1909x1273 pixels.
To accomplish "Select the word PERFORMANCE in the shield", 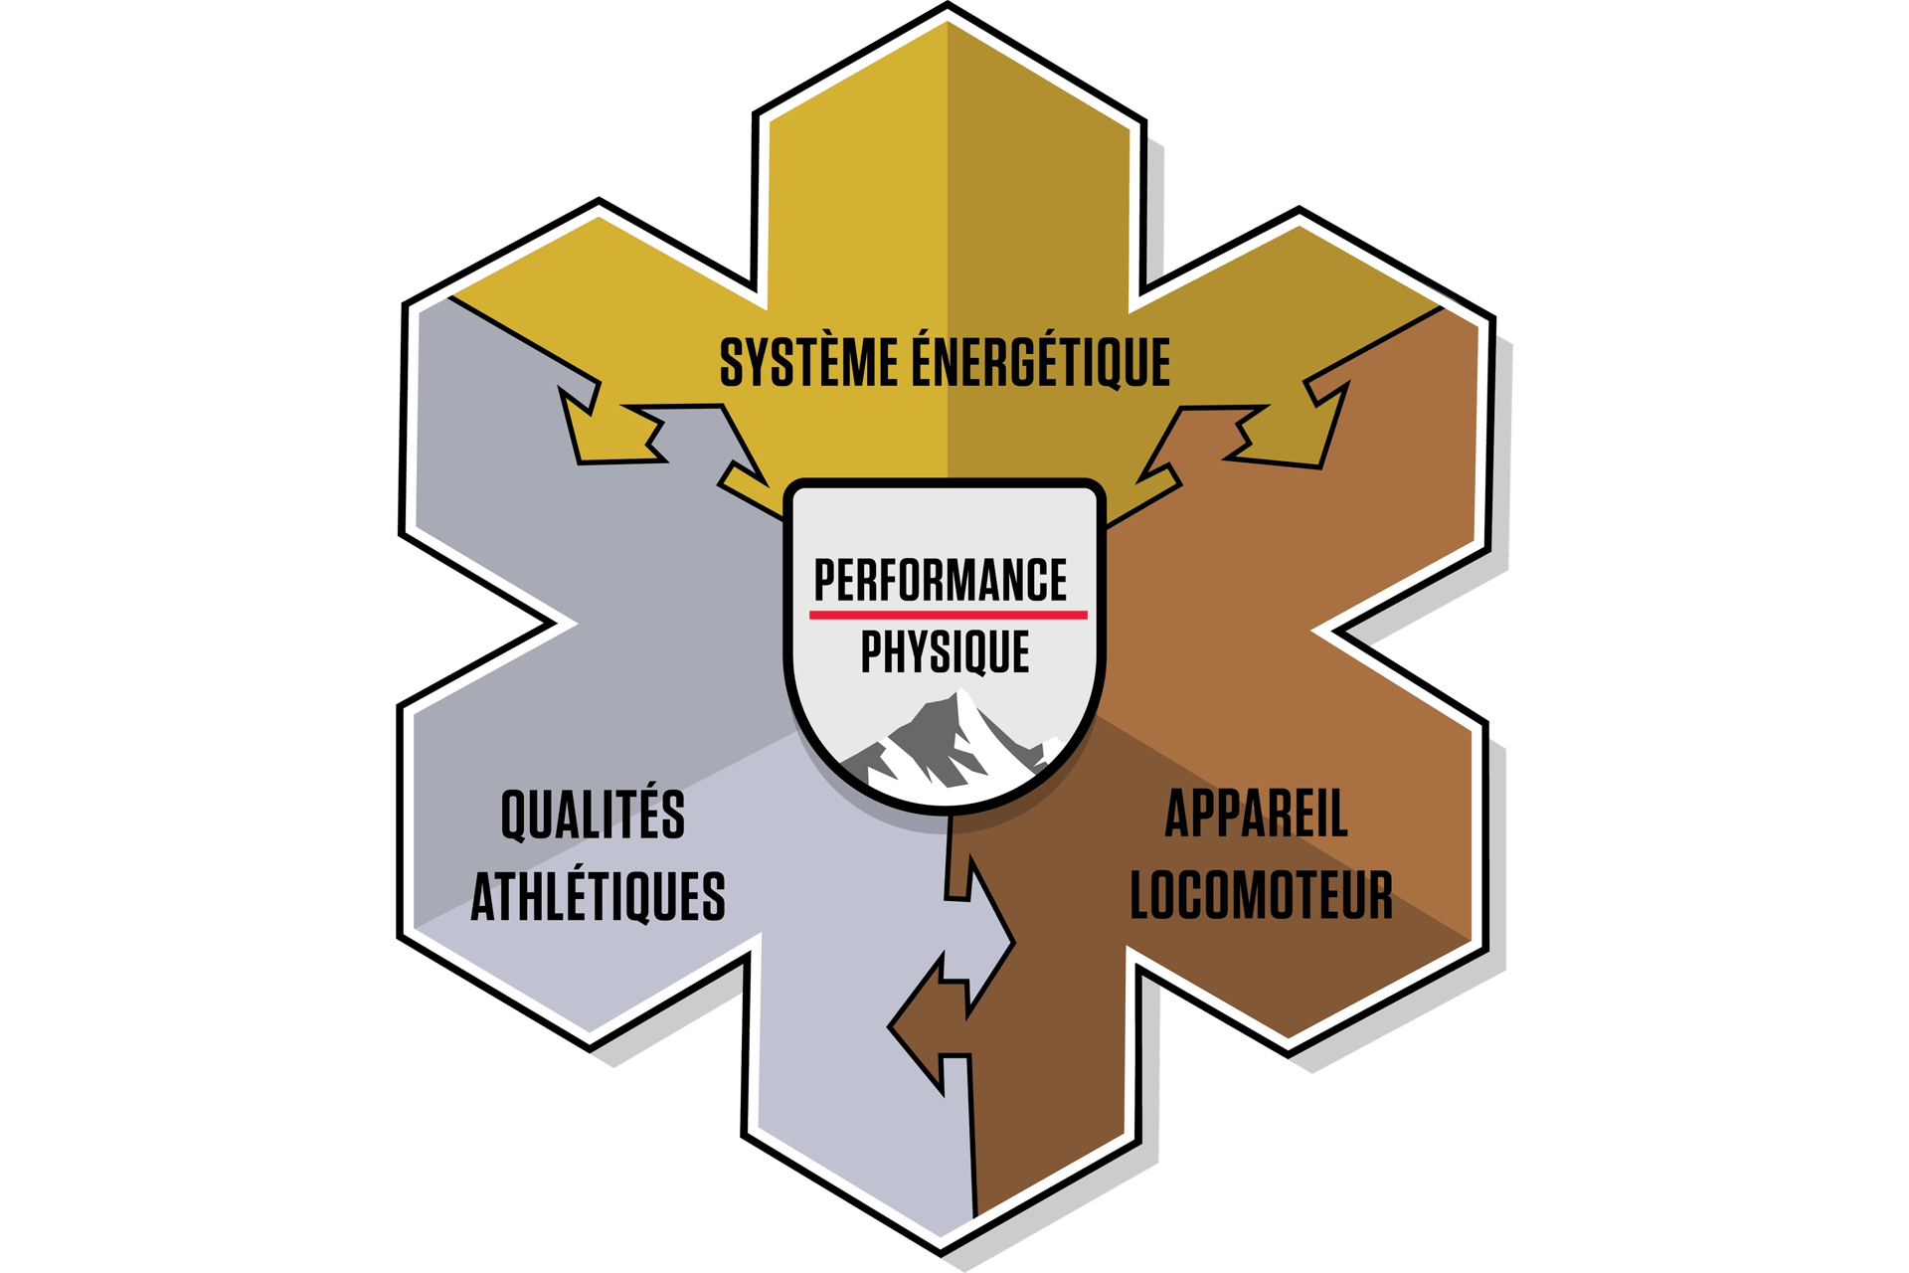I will point(941,581).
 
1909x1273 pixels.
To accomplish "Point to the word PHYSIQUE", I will point(945,652).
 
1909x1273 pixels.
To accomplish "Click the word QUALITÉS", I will point(593,815).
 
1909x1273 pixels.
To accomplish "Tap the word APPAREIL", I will point(1256,815).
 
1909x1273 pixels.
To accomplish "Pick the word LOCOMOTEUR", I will point(1261,895).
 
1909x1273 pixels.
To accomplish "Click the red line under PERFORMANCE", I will point(948,615).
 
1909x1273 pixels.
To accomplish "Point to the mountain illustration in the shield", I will point(945,746).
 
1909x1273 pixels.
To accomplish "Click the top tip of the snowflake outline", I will point(948,8).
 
